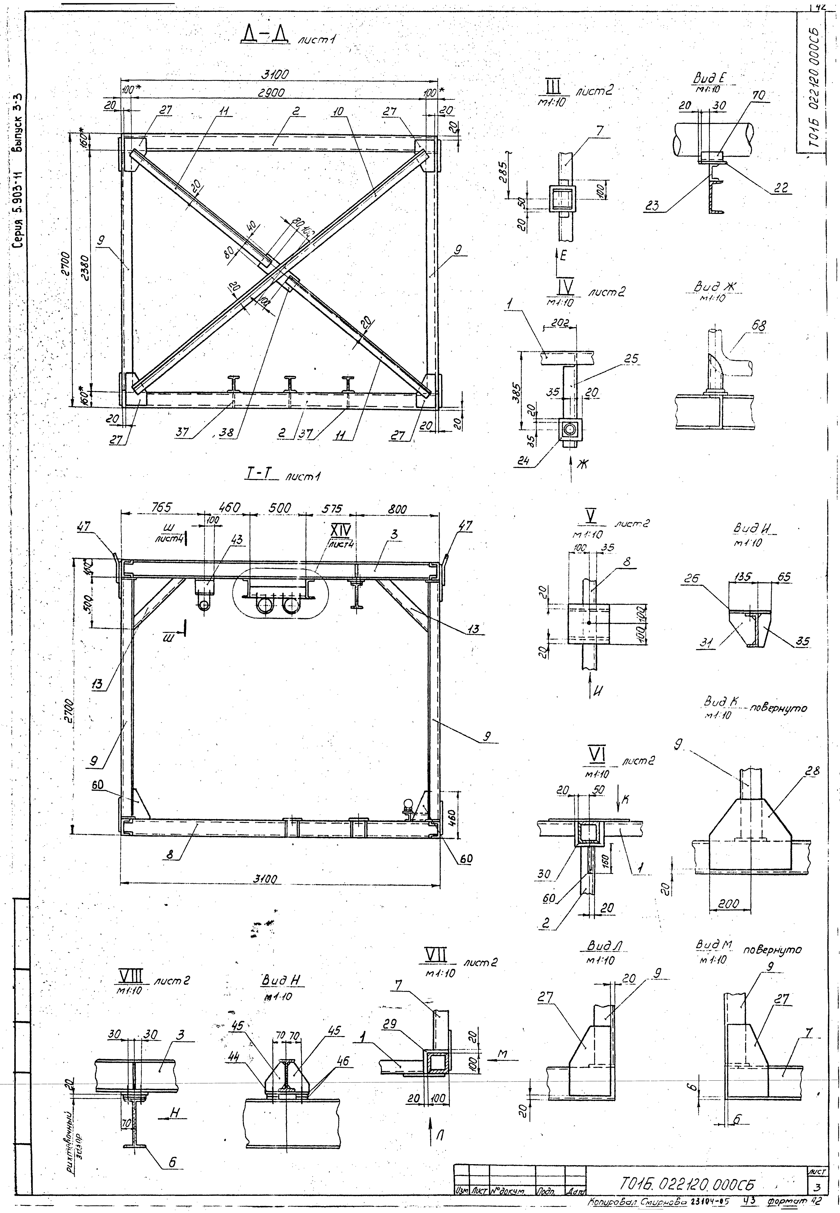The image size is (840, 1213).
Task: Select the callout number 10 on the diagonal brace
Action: point(338,112)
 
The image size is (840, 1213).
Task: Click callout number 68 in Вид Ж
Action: point(758,326)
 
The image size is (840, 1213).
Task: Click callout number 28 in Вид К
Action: point(812,772)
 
